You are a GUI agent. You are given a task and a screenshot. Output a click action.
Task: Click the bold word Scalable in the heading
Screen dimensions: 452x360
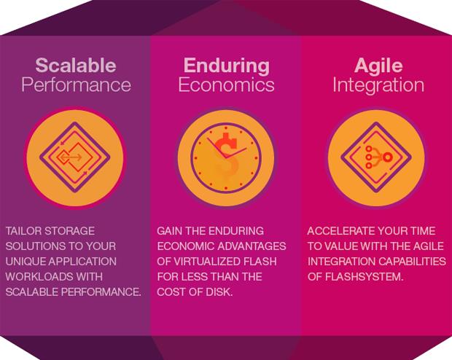(x=76, y=65)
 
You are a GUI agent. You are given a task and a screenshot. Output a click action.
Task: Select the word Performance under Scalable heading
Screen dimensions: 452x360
(x=76, y=85)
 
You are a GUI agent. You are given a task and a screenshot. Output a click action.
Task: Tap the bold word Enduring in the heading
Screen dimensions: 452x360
(x=227, y=66)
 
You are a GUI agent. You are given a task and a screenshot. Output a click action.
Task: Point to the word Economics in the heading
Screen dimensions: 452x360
(x=226, y=85)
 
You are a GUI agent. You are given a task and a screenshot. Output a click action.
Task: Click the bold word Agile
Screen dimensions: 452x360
(x=378, y=66)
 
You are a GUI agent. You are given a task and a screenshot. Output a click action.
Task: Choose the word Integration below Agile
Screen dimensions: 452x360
(x=378, y=85)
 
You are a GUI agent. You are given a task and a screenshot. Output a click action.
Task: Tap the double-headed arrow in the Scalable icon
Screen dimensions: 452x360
(x=70, y=157)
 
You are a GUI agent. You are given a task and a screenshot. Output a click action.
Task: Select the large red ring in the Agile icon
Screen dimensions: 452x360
(x=388, y=157)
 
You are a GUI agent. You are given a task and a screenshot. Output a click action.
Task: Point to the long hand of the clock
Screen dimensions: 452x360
(x=217, y=148)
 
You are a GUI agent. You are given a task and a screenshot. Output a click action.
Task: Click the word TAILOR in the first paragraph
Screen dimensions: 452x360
(x=23, y=231)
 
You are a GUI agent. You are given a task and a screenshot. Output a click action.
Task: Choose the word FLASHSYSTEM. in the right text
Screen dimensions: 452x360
(x=364, y=277)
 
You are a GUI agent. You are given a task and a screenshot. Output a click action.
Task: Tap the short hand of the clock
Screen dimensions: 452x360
(x=235, y=153)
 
